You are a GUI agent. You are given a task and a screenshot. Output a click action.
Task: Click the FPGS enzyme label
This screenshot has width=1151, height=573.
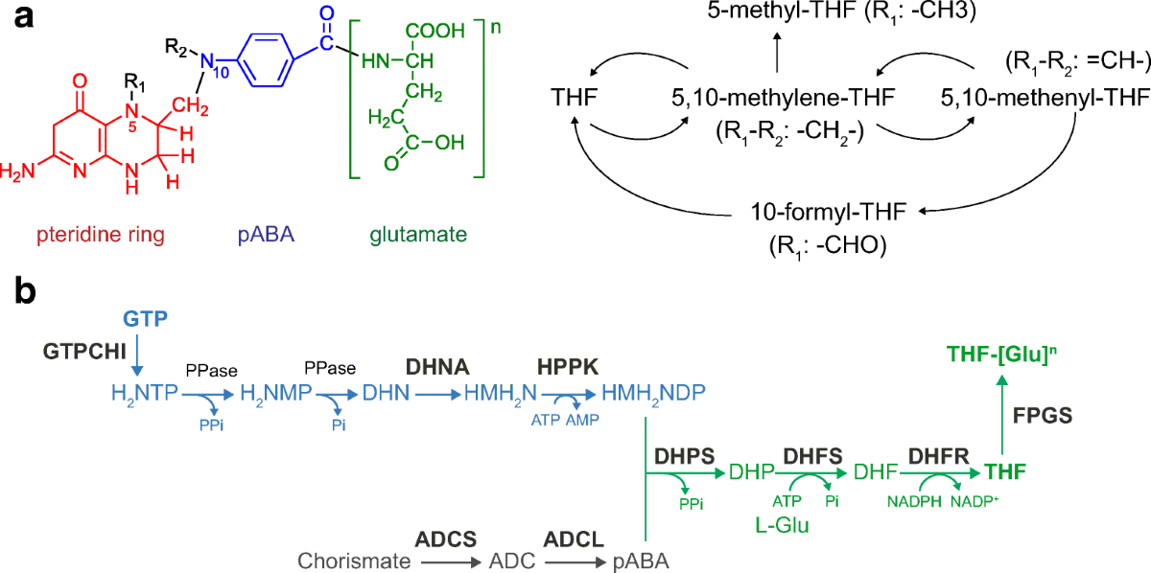[1043, 418]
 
